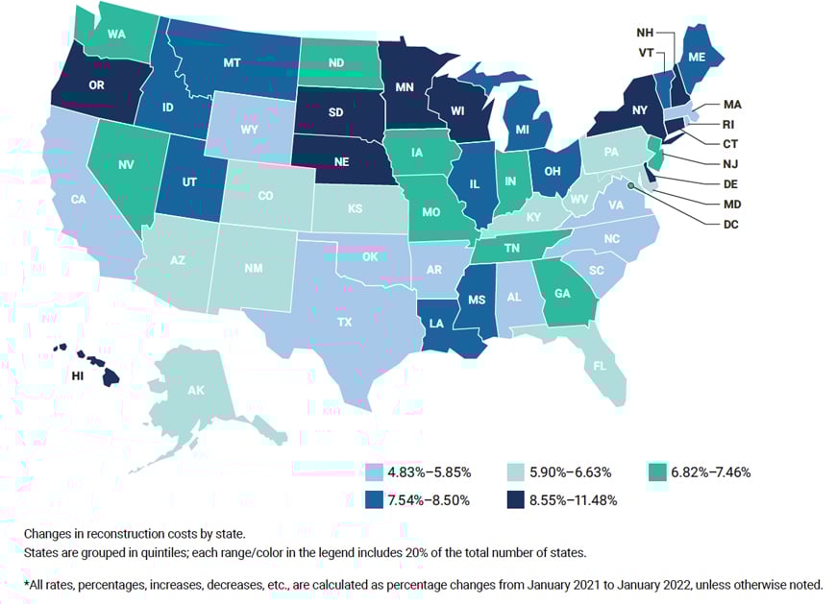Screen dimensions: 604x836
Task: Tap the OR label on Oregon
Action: [96, 85]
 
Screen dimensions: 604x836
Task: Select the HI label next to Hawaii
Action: [79, 376]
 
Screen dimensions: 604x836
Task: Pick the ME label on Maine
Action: [697, 58]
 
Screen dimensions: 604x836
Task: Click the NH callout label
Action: [645, 32]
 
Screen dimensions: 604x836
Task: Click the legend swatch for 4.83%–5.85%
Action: [374, 472]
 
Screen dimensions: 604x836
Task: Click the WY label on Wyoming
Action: [250, 129]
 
